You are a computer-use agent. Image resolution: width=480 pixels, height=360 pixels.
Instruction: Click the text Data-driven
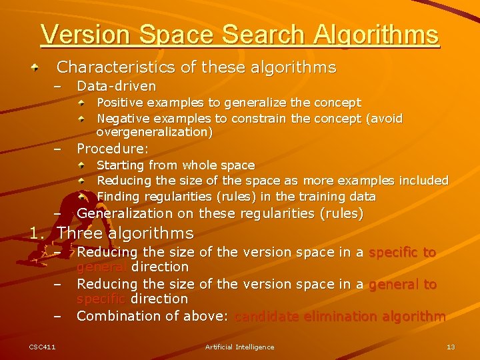(117, 86)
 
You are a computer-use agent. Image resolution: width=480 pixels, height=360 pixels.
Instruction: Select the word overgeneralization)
(155, 132)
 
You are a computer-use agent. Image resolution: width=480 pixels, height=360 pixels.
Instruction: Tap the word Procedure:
(113, 148)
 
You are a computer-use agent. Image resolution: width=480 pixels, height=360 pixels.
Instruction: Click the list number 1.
(37, 233)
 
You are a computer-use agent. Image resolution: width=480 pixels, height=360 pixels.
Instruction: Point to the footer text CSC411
(42, 347)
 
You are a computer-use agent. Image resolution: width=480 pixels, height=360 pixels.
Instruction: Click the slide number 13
(451, 347)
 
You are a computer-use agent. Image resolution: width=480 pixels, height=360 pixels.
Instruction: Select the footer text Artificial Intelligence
(239, 347)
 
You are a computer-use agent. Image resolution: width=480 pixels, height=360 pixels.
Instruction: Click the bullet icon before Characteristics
(43, 67)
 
